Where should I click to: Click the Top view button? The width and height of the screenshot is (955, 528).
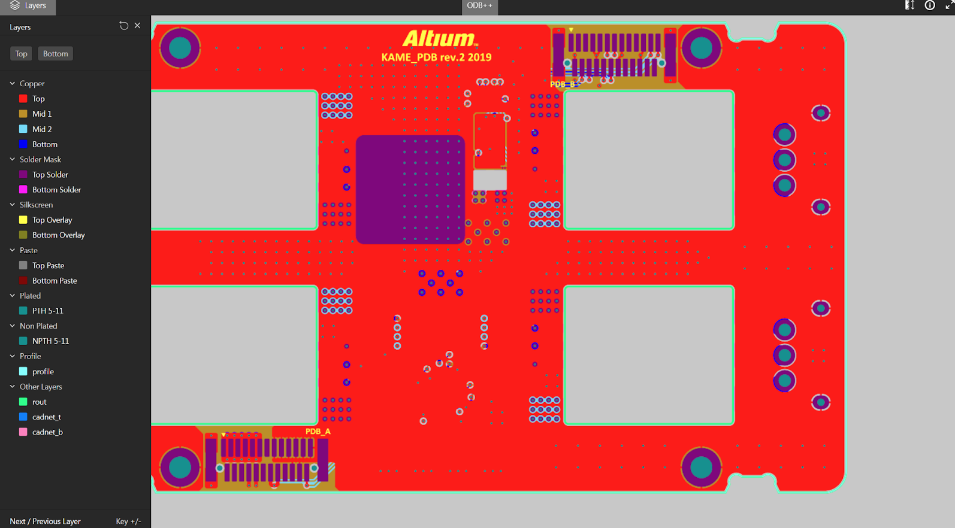coord(21,54)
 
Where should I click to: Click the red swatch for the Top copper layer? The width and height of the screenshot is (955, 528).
coord(23,98)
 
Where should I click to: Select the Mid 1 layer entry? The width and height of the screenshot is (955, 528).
coord(42,114)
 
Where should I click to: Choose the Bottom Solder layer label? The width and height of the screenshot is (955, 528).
coord(57,190)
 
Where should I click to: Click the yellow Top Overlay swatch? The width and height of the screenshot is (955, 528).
coord(23,220)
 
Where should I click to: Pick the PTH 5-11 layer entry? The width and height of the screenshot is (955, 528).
coord(48,311)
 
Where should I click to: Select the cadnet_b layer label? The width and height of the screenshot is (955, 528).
coord(48,432)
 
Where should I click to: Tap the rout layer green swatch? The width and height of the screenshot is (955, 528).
coord(23,402)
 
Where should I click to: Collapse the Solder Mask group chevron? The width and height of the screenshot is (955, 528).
coord(13,159)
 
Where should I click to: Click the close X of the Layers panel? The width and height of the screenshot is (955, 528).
coord(137,26)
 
